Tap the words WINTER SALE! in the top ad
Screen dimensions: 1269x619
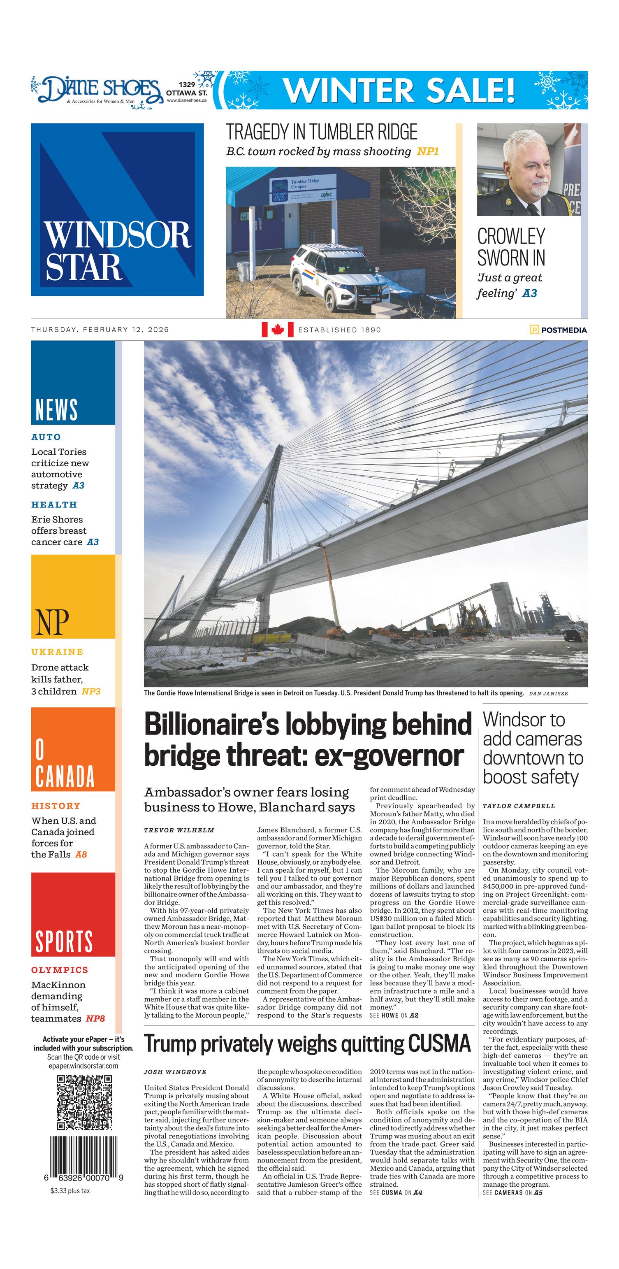[x=399, y=90]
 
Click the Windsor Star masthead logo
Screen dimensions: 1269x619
[x=117, y=209]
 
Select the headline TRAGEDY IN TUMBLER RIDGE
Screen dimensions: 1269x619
[x=321, y=132]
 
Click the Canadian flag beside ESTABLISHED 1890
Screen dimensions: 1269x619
[x=277, y=330]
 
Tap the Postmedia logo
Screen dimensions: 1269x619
[x=558, y=330]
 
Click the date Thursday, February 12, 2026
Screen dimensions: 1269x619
[x=100, y=330]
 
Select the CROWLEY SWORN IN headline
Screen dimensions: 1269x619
[x=511, y=247]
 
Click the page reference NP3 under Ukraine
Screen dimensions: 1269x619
[x=91, y=692]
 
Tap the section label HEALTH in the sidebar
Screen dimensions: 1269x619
[x=54, y=504]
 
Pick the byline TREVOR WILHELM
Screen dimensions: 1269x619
[x=179, y=830]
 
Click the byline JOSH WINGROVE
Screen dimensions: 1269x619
[x=175, y=1072]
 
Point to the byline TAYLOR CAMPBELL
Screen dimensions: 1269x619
[x=519, y=806]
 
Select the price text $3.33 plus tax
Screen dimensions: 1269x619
[x=70, y=1191]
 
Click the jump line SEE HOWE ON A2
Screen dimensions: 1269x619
[x=394, y=1015]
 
